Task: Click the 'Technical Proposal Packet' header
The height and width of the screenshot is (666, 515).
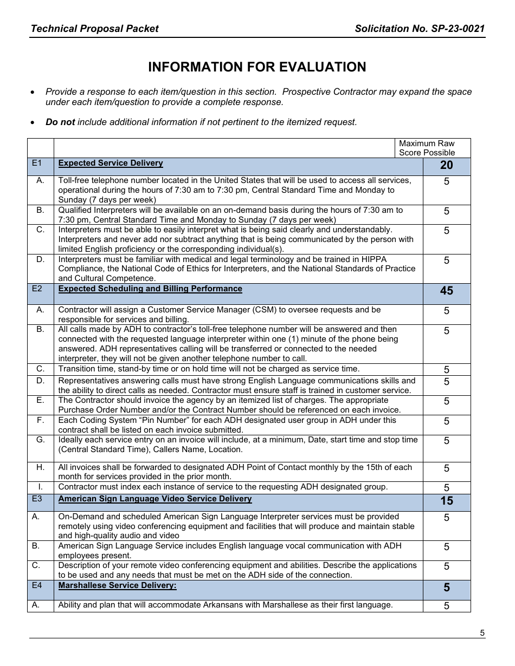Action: point(95,29)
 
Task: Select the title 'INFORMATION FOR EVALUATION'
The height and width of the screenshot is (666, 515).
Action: point(257,67)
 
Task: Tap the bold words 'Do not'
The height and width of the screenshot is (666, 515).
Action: point(60,122)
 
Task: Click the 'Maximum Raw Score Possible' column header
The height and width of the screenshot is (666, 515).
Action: point(427,148)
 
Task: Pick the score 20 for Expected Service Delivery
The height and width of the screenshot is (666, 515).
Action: point(446,166)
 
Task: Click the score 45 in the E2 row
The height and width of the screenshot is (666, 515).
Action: point(446,291)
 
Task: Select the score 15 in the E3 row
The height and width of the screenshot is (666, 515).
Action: point(446,501)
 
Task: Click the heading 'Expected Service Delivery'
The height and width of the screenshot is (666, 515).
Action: point(111,163)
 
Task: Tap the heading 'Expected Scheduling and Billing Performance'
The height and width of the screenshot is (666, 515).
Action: point(150,289)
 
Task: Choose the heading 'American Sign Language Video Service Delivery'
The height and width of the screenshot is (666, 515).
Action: point(155,499)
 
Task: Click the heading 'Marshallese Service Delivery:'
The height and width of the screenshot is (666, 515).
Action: point(117,585)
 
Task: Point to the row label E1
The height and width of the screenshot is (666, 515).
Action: point(37,162)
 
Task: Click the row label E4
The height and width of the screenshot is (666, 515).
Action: point(37,585)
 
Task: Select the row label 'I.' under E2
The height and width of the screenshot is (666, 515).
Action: point(41,487)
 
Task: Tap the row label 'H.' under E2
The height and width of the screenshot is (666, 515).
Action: point(41,467)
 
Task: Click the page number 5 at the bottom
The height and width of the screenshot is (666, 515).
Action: point(482,632)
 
